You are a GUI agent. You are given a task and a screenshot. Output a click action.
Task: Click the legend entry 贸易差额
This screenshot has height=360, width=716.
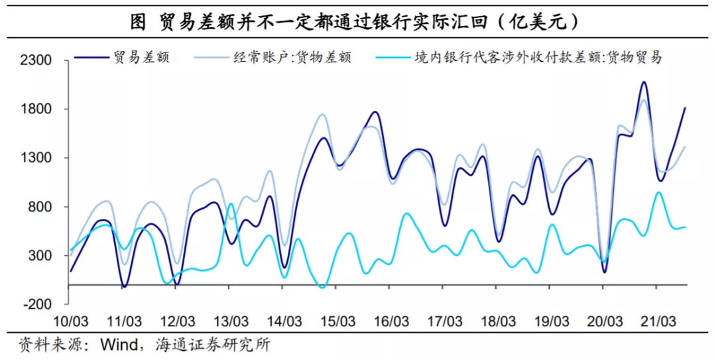click(x=141, y=57)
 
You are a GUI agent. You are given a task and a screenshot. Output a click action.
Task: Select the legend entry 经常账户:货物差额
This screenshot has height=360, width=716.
click(x=292, y=57)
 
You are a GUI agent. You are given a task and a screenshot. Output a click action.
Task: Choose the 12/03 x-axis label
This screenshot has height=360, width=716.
click(x=177, y=322)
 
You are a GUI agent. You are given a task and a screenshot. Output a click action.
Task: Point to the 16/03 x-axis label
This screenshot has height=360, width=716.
click(x=390, y=322)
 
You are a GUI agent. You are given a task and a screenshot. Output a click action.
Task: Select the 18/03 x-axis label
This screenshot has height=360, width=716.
click(x=497, y=322)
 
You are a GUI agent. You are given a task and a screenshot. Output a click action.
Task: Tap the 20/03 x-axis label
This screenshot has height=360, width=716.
click(x=604, y=322)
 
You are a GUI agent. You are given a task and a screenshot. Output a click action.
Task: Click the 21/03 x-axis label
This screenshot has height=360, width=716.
click(x=658, y=322)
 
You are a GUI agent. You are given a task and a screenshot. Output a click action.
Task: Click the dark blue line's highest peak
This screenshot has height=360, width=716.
click(x=643, y=82)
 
